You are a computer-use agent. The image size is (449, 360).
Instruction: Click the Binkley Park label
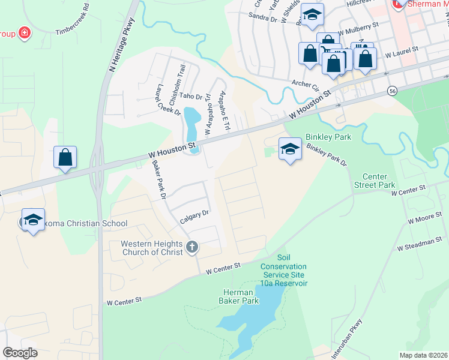pyautogui.click(x=328, y=137)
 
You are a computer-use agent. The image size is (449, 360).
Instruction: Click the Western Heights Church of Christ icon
pyautogui.click(x=191, y=247)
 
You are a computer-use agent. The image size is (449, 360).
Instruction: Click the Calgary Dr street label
pyautogui.click(x=194, y=217)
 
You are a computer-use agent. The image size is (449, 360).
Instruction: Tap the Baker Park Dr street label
pyautogui.click(x=158, y=179)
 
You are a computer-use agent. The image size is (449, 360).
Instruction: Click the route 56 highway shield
pyautogui.click(x=392, y=90)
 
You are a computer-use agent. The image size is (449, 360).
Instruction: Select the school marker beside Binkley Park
pyautogui.click(x=290, y=148)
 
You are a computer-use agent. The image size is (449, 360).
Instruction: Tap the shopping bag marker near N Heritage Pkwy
pyautogui.click(x=65, y=157)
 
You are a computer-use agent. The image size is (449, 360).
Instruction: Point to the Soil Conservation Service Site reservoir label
pyautogui.click(x=283, y=274)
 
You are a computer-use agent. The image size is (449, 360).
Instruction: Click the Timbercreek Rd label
pyautogui.click(x=72, y=22)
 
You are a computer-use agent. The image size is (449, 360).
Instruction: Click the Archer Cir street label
pyautogui.click(x=306, y=83)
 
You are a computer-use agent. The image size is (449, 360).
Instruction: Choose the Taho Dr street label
pyautogui.click(x=192, y=96)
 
